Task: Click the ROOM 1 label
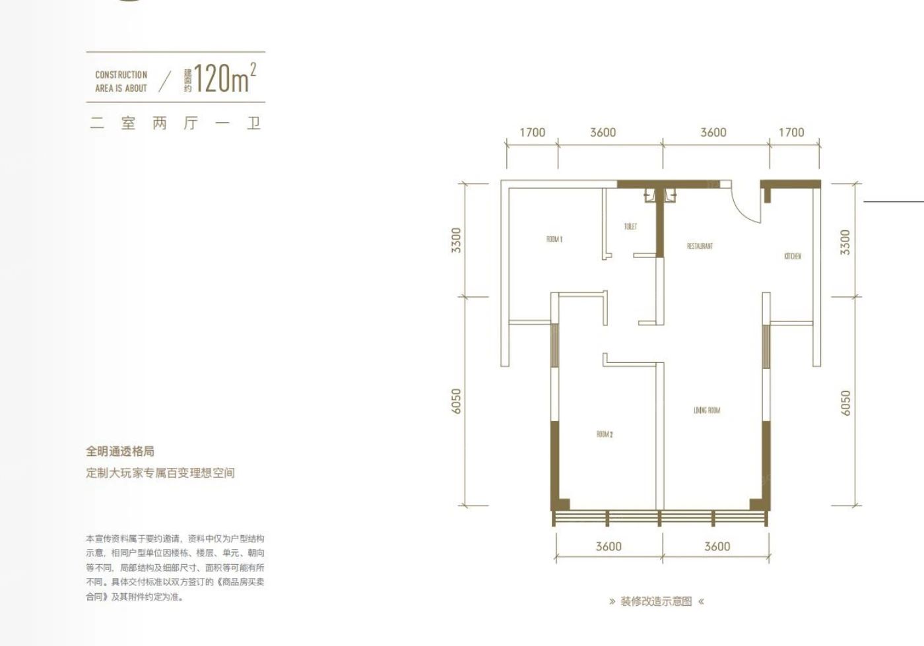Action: coord(554,240)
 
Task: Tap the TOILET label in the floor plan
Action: coord(630,226)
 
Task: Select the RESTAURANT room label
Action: coord(700,246)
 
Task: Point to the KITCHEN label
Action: coord(793,256)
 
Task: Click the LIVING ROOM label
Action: coord(707,410)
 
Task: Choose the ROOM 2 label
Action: coord(605,434)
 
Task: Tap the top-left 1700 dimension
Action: coord(532,133)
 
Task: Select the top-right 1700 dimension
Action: coord(791,133)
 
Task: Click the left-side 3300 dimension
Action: coord(456,240)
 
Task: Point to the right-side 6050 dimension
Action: coord(845,403)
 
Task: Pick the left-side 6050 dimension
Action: coord(456,401)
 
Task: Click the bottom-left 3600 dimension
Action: coord(609,546)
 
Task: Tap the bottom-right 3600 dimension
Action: coord(717,546)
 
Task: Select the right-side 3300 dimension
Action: coord(845,242)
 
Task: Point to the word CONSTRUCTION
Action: coord(121,75)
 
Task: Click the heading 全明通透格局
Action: coord(120,451)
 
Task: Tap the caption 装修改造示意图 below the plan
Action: coord(656,602)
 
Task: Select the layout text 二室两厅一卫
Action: coord(176,123)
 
